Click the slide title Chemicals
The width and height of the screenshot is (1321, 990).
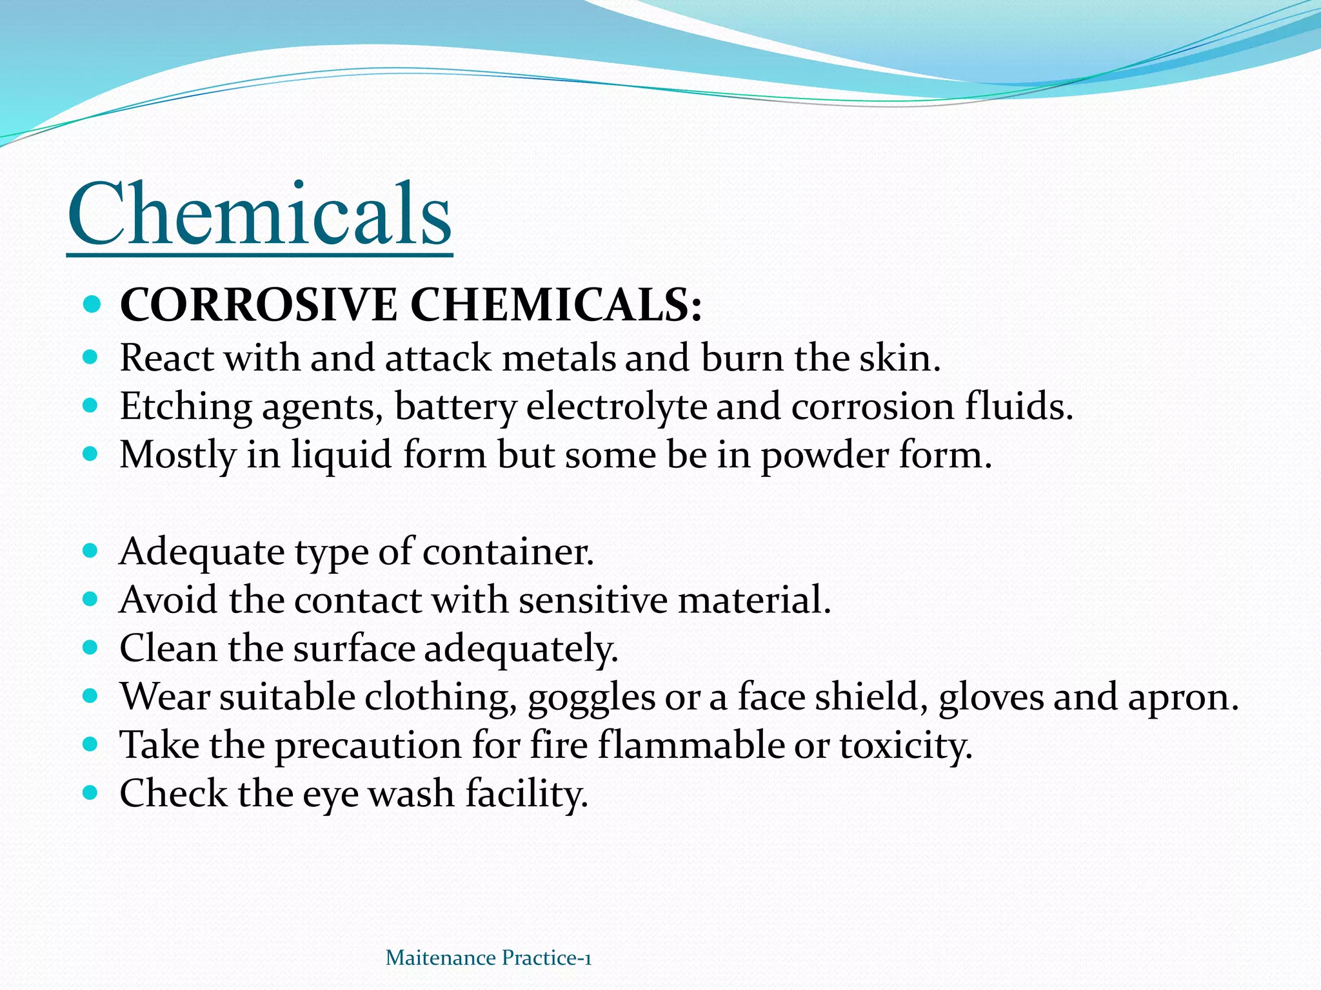(259, 214)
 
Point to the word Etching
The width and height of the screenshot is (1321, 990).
(186, 407)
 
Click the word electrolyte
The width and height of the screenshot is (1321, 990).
(616, 407)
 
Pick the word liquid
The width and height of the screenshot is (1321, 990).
(341, 455)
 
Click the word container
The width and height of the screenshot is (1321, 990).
(508, 552)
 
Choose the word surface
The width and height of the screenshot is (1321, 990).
(354, 648)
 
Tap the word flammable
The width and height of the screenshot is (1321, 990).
(690, 746)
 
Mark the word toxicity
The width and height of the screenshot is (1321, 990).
(905, 746)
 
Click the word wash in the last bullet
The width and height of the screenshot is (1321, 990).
(412, 793)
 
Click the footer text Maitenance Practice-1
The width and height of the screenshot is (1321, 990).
(488, 958)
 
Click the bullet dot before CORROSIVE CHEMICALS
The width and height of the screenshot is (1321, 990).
(92, 304)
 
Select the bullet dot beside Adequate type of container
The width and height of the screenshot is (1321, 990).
(91, 551)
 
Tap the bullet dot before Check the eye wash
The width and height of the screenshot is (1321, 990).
(91, 792)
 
